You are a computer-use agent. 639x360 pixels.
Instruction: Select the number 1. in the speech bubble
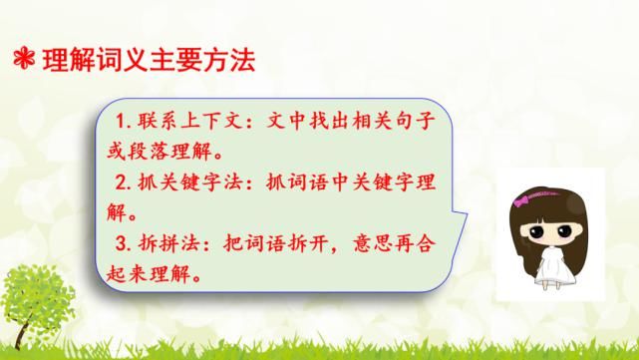point(125,123)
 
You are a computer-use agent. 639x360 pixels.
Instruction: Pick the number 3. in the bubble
point(125,242)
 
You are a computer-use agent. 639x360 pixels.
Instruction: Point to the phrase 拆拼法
point(166,242)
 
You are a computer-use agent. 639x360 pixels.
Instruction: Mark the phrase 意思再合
point(383,242)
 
